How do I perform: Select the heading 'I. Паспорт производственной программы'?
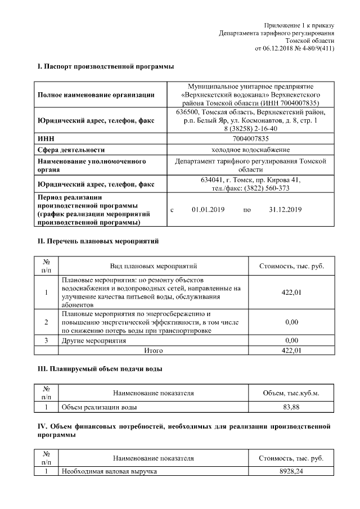tap(105, 67)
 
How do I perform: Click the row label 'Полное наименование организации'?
tap(96, 95)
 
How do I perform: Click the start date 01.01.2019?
tap(208, 210)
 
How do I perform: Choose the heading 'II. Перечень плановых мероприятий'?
tap(98, 241)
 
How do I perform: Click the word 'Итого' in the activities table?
tap(153, 350)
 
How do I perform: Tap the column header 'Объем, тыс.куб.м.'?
tap(291, 393)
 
